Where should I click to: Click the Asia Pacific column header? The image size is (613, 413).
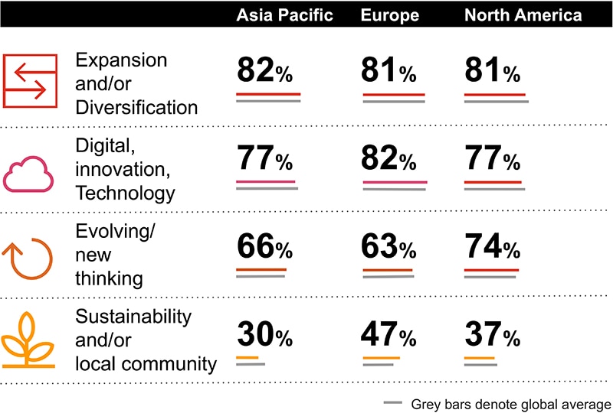click(284, 15)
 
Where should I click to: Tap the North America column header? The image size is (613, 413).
click(523, 15)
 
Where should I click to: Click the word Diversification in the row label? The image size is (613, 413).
click(136, 107)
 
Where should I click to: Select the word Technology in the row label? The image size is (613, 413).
click(125, 193)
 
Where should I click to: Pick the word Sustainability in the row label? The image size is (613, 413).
click(133, 316)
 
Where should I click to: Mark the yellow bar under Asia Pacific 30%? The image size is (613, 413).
click(247, 357)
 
